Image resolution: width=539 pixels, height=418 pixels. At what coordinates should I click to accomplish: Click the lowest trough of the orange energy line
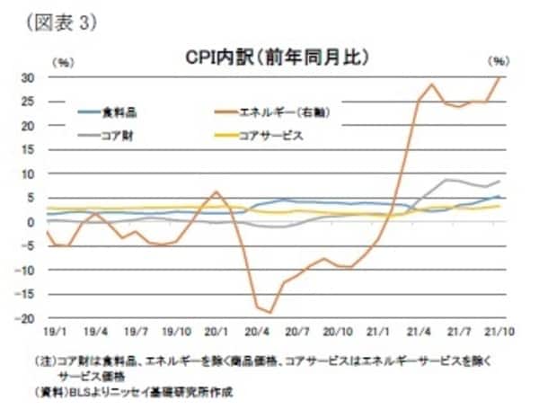click(x=270, y=312)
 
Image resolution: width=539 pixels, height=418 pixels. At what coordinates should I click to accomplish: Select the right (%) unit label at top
click(x=499, y=61)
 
